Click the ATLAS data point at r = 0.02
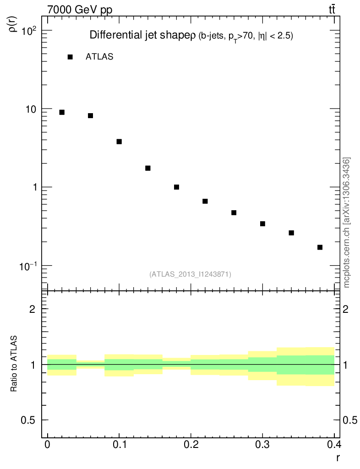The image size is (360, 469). click(x=62, y=112)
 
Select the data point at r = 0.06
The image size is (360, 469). click(x=91, y=115)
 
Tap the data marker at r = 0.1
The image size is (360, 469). click(x=119, y=142)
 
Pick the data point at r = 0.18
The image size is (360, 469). click(x=176, y=187)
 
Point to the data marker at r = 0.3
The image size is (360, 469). click(x=262, y=224)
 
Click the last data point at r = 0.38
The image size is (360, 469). click(x=320, y=247)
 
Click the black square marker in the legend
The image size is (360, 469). click(x=70, y=57)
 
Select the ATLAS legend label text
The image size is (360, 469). click(x=99, y=57)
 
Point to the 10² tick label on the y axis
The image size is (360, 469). click(x=29, y=31)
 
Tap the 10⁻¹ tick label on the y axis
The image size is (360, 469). click(x=28, y=266)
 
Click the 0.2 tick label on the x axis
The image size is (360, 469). click(x=191, y=444)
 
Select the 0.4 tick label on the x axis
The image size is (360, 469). click(x=334, y=444)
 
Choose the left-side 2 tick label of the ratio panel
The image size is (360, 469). click(x=33, y=309)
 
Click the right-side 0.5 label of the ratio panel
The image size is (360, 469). click(x=350, y=420)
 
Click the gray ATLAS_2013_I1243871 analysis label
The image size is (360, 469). click(x=190, y=274)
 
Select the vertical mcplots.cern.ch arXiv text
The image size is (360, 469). click(x=347, y=223)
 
